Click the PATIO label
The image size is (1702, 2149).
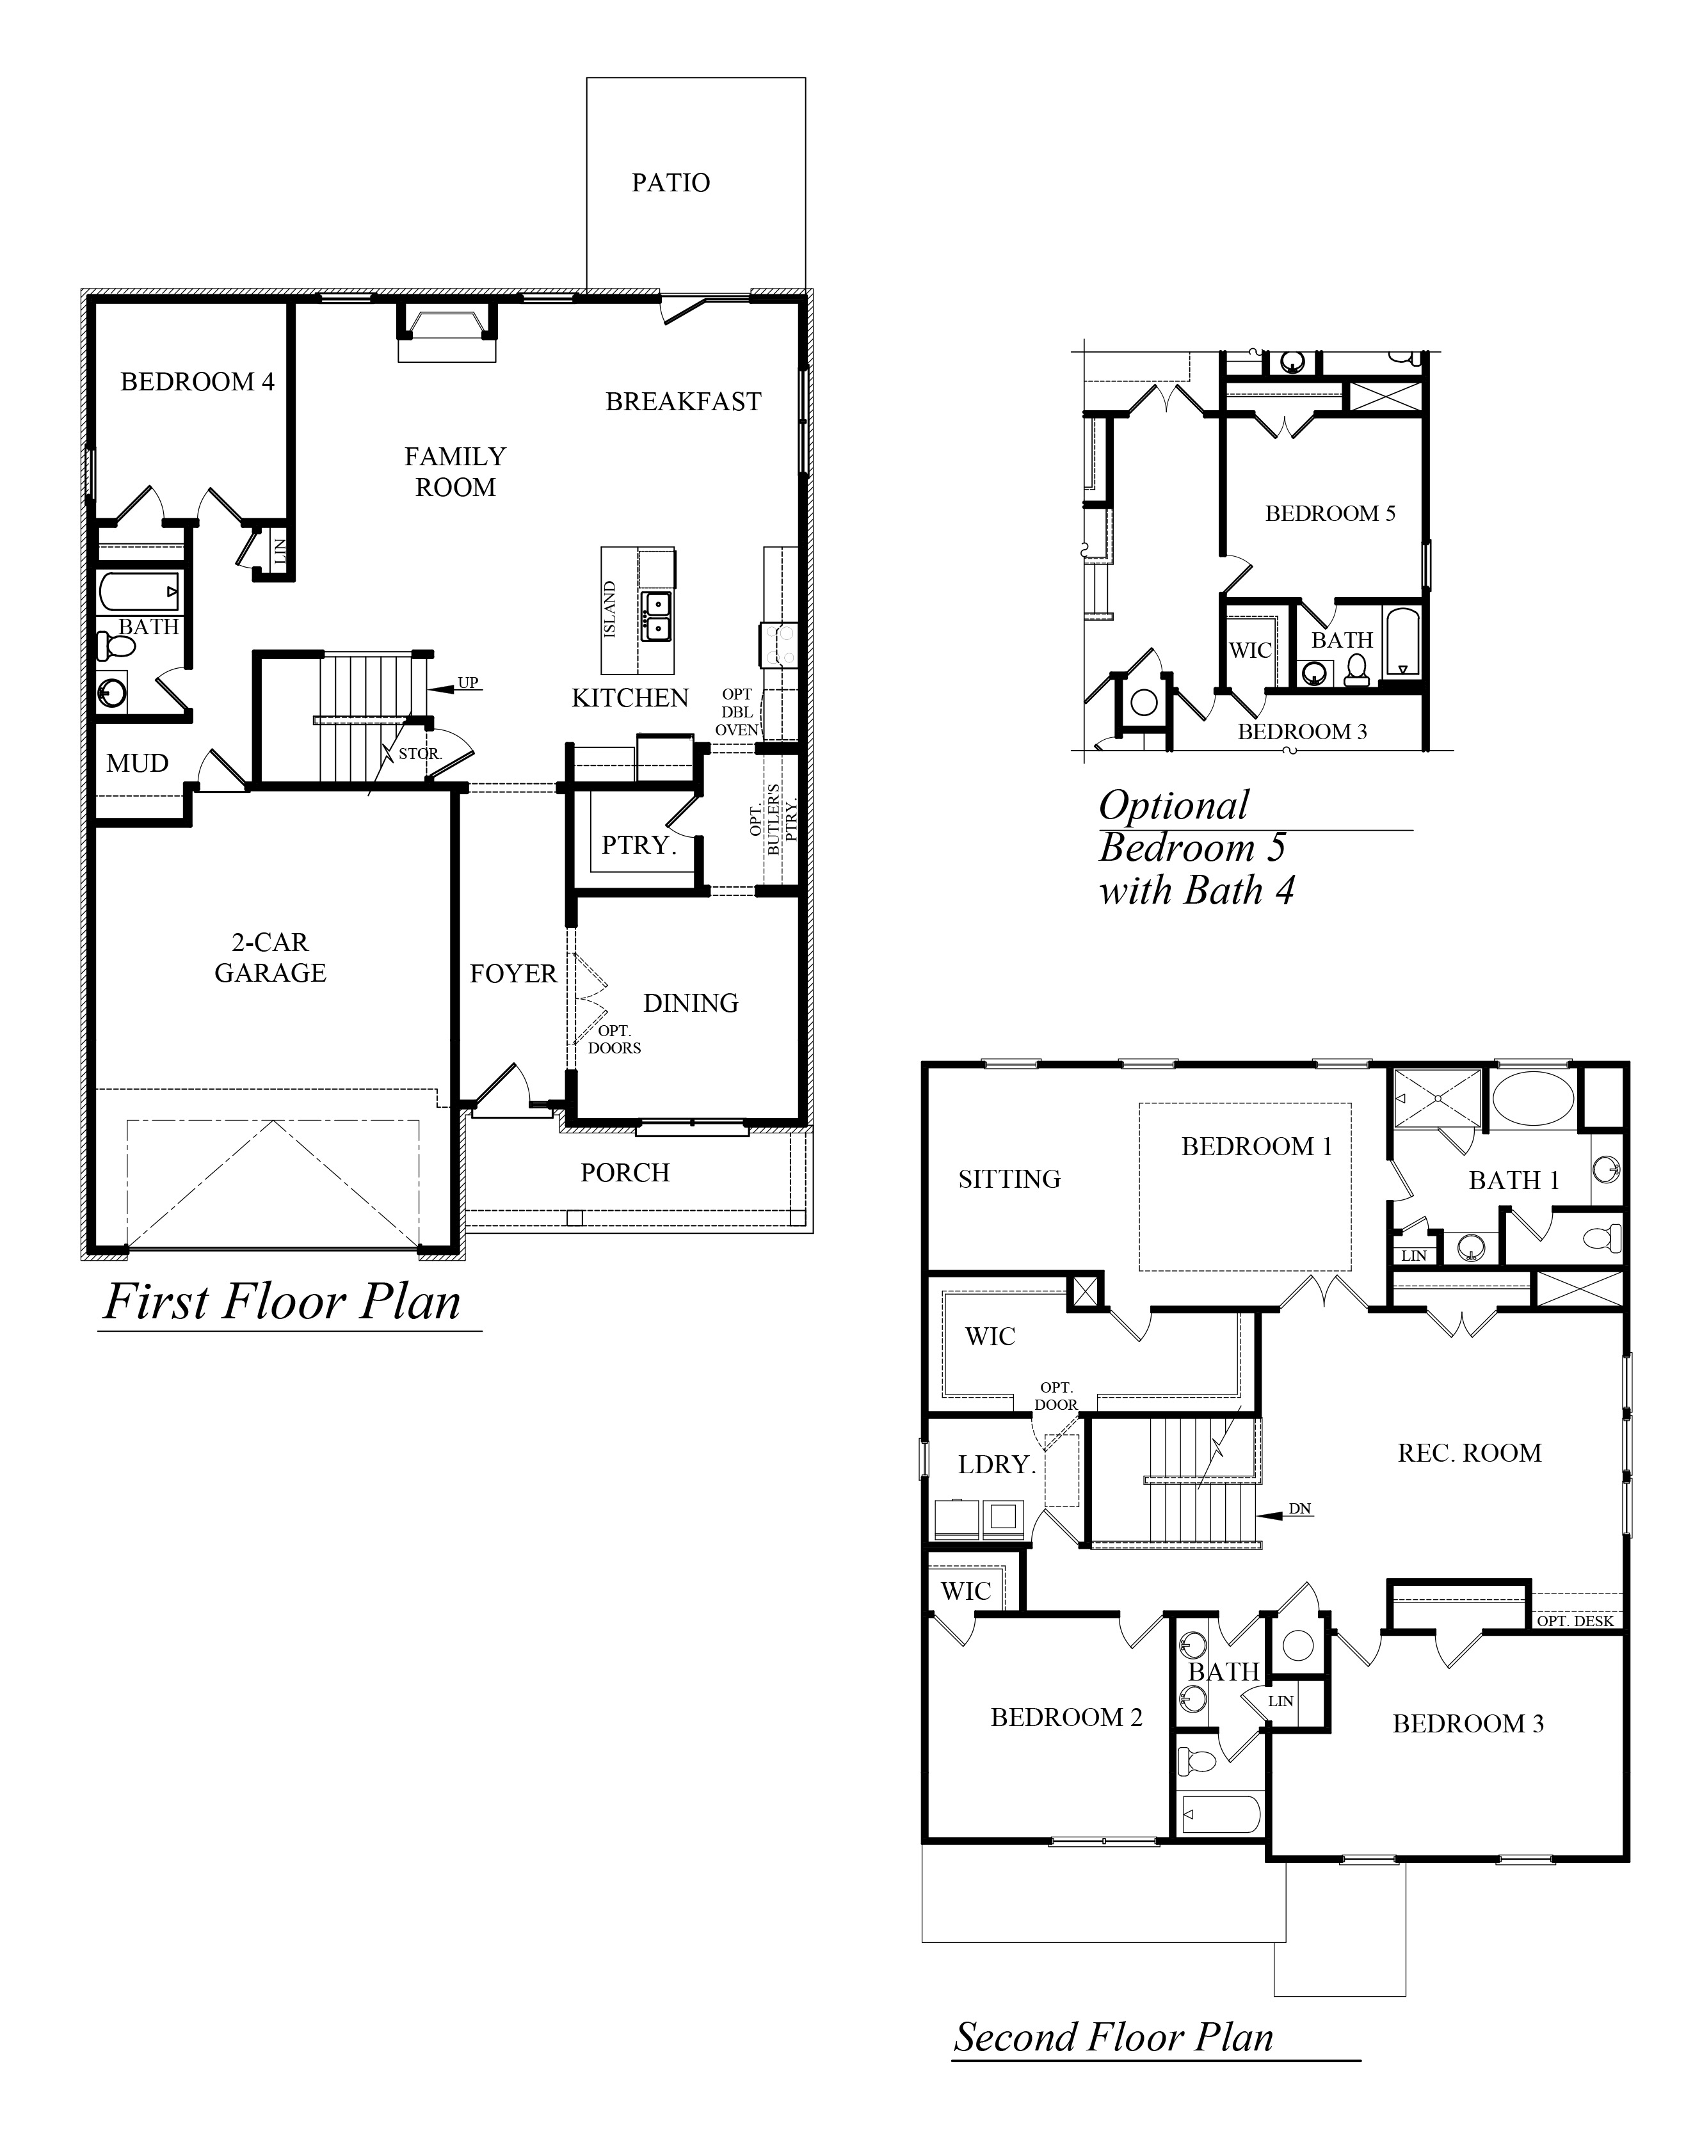pos(671,183)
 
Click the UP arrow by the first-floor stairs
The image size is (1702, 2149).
pos(454,687)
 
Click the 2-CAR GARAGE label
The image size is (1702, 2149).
pos(270,957)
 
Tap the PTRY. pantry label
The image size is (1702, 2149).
pos(639,845)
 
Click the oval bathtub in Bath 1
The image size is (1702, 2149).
pos(1532,1099)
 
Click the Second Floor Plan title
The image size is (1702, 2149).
pos(1114,2036)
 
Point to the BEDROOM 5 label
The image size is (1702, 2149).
pos(1330,514)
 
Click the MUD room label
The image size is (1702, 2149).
pos(138,764)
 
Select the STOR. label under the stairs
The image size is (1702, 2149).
pos(419,754)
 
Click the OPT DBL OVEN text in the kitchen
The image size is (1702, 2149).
pos(737,712)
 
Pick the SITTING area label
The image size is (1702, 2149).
pos(1009,1179)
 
